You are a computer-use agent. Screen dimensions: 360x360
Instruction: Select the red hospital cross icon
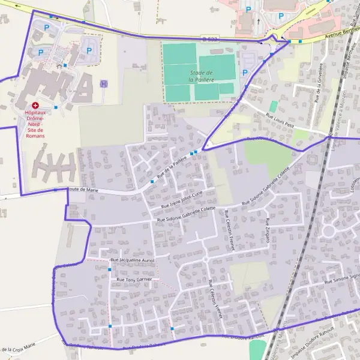coord(35,106)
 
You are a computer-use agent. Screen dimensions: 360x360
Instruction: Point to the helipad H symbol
coord(104,84)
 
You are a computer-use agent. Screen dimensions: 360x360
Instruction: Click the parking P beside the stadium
coord(244,73)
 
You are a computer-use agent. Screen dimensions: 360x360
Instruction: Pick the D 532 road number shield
coord(210,40)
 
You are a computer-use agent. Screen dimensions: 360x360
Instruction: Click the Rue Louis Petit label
coord(280,121)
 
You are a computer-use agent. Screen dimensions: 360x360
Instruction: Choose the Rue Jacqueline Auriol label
coord(133,260)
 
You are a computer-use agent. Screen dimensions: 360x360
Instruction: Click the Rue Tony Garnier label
coord(134,279)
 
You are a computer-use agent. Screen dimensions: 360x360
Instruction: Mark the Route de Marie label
coord(83,190)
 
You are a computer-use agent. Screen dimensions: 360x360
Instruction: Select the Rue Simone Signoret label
coord(341,278)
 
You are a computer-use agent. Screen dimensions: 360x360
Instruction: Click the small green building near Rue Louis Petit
coord(274,106)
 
